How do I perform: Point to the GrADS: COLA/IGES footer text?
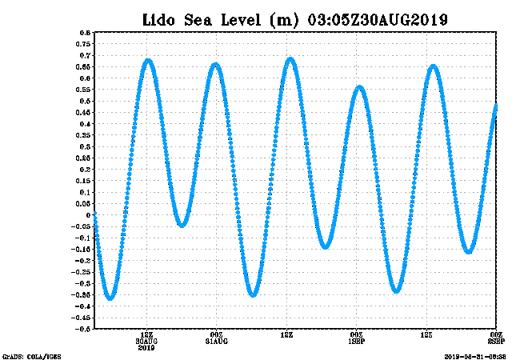click(x=31, y=356)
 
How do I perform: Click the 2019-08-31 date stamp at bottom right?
click(x=475, y=356)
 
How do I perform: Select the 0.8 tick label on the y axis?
click(x=84, y=33)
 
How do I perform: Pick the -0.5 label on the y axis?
click(x=82, y=329)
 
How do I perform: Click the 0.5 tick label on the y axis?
click(x=84, y=101)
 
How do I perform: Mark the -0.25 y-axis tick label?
click(x=81, y=272)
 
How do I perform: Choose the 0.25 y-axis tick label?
click(x=82, y=158)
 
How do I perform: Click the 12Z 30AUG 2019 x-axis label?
click(x=146, y=340)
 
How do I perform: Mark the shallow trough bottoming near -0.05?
click(x=182, y=225)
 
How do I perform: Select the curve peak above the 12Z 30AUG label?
click(x=148, y=60)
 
